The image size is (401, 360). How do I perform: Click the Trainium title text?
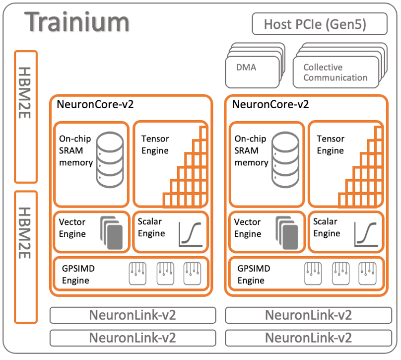pyautogui.click(x=77, y=22)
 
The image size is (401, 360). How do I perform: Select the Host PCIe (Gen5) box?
pyautogui.click(x=320, y=24)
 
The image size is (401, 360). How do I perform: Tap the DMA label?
pyautogui.click(x=246, y=68)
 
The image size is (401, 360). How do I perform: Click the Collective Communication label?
pyautogui.click(x=335, y=72)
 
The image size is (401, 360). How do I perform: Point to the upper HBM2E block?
pyautogui.click(x=26, y=117)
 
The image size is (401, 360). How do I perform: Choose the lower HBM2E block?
pyautogui.click(x=26, y=257)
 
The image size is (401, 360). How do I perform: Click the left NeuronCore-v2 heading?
pyautogui.click(x=95, y=104)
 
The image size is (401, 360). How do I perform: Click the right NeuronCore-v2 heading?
pyautogui.click(x=270, y=104)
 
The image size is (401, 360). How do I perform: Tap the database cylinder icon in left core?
pyautogui.click(x=110, y=160)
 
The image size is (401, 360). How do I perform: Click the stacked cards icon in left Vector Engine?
pyautogui.click(x=111, y=233)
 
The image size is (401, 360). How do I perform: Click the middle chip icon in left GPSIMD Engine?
pyautogui.click(x=165, y=274)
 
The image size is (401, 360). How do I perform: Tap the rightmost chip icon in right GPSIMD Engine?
pyautogui.click(x=367, y=274)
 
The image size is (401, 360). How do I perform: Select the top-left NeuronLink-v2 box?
pyautogui.click(x=133, y=315)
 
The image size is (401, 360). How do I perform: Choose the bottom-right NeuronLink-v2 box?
pyautogui.click(x=308, y=338)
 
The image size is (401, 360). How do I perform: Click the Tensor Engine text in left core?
pyautogui.click(x=155, y=144)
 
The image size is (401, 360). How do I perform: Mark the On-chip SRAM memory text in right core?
pyautogui.click(x=252, y=150)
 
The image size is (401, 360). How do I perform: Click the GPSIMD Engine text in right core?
pyautogui.click(x=254, y=275)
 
